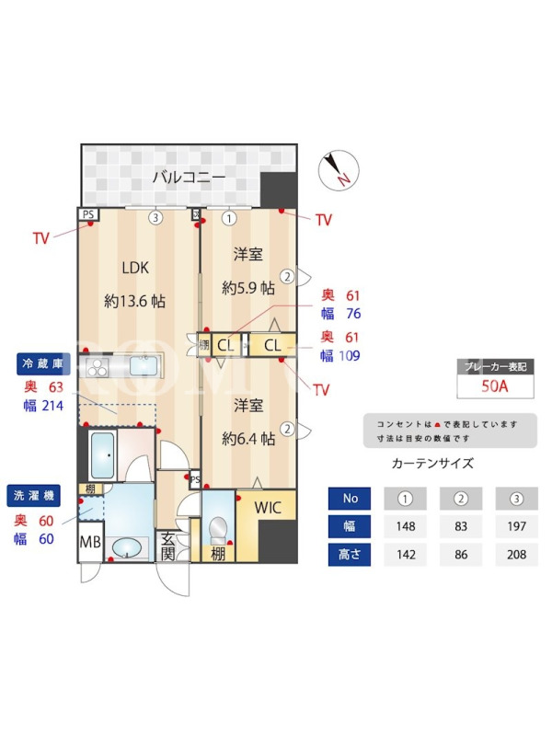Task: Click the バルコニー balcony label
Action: click(x=189, y=177)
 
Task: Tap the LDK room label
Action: click(x=135, y=268)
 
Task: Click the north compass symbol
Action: click(x=339, y=170)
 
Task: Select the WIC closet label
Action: click(x=268, y=508)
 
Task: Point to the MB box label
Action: click(x=90, y=542)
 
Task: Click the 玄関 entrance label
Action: click(x=167, y=546)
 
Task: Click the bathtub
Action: click(x=102, y=454)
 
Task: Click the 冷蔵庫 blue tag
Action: click(x=43, y=363)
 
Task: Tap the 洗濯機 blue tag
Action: click(x=34, y=496)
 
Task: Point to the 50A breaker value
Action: click(x=495, y=385)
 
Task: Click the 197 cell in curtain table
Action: click(x=516, y=526)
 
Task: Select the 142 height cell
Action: click(x=406, y=555)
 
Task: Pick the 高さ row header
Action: click(x=350, y=555)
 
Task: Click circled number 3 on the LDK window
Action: click(x=155, y=218)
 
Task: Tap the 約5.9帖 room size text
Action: click(x=248, y=288)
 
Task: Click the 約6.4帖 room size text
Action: click(x=248, y=439)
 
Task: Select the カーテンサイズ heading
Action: click(x=432, y=464)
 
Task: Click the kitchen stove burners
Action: click(x=98, y=367)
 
